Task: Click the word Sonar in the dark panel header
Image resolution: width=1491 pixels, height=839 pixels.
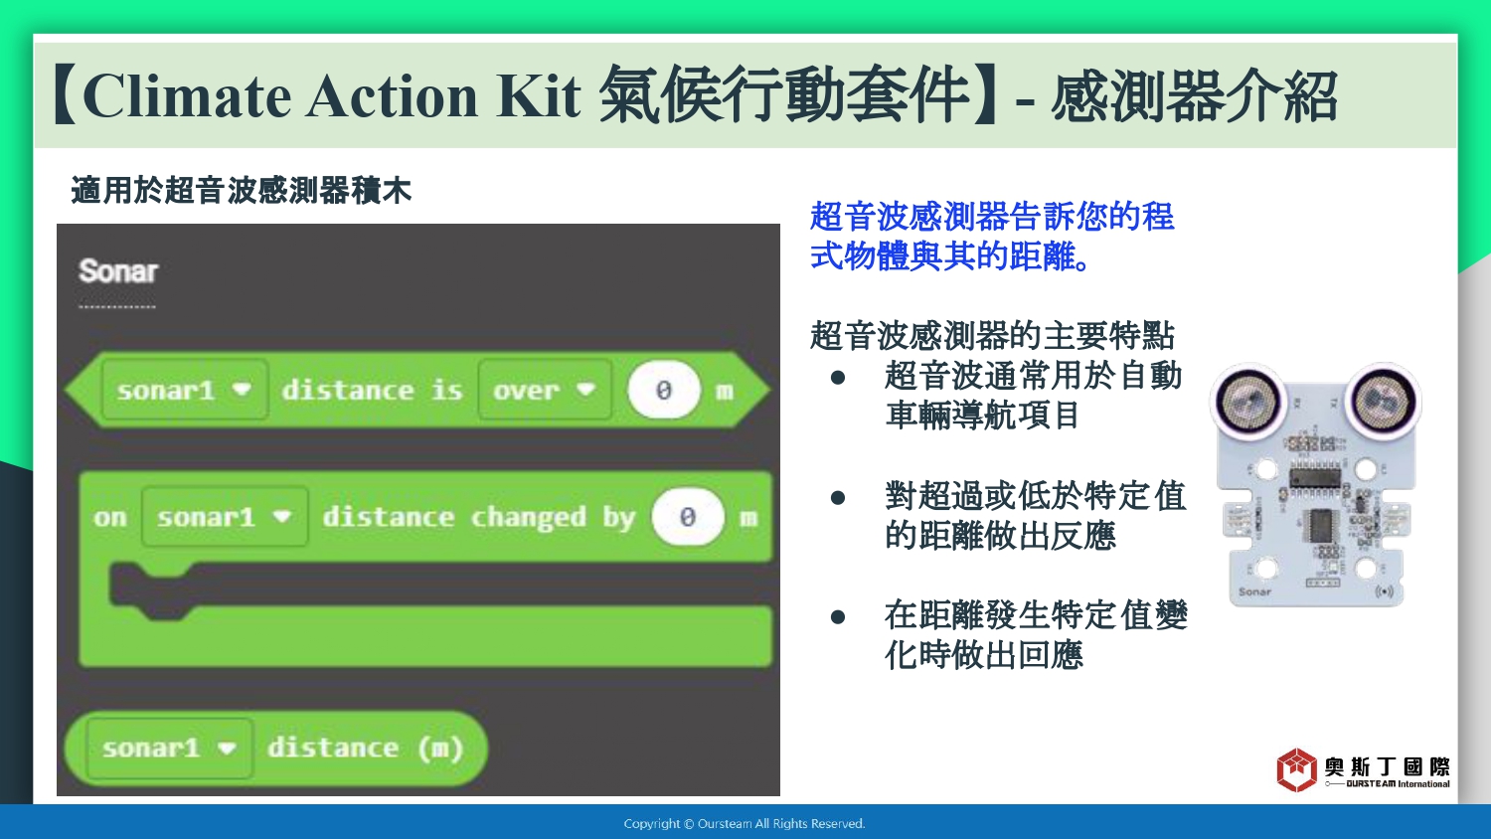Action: [118, 271]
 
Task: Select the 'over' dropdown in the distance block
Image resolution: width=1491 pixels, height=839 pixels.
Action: [545, 390]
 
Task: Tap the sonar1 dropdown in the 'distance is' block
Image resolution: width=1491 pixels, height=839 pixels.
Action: [185, 390]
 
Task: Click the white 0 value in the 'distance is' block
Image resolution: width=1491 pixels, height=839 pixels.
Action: [664, 390]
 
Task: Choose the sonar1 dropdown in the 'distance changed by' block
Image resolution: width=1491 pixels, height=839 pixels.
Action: [225, 517]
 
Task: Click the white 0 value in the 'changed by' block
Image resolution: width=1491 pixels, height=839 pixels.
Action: [688, 517]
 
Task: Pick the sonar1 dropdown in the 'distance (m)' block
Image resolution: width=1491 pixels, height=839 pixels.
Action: [170, 748]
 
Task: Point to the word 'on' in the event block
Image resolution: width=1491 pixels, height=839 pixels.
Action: [109, 517]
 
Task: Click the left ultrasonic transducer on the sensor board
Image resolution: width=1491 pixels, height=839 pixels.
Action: [1247, 402]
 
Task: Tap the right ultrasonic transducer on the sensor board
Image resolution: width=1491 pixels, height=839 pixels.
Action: [1384, 402]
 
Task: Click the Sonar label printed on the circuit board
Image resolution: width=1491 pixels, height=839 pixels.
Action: [1254, 591]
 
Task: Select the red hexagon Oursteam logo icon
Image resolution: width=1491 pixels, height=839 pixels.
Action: [1296, 769]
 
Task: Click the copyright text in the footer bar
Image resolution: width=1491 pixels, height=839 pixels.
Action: [745, 824]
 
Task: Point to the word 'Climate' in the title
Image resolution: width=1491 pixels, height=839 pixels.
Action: [188, 95]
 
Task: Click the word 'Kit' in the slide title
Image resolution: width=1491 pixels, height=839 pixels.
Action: [538, 95]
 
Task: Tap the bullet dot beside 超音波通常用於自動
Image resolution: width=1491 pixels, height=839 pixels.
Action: [838, 378]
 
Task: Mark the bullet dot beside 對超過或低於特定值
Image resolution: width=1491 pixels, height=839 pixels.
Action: [838, 497]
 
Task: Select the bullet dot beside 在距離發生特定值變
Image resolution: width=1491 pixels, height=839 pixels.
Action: [838, 617]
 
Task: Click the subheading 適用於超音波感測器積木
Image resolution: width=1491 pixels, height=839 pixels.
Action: [241, 191]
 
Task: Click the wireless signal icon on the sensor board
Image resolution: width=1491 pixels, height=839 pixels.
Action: [1384, 591]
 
